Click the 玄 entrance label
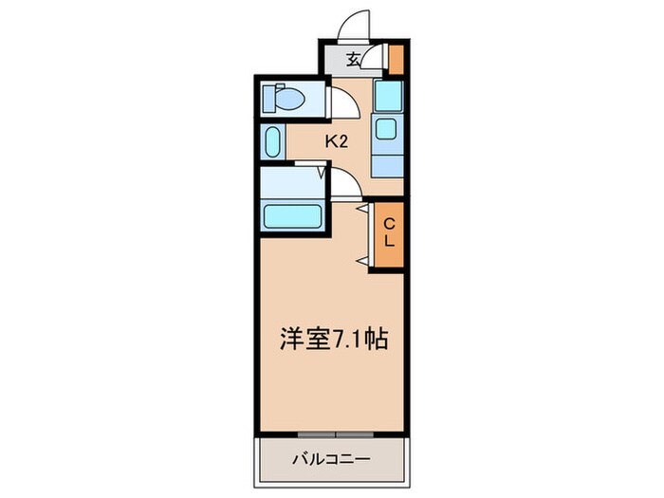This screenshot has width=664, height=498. click(x=352, y=59)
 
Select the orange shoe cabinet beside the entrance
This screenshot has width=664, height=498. click(x=397, y=59)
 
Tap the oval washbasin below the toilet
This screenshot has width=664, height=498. click(x=272, y=142)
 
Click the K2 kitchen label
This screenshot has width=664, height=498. click(x=337, y=142)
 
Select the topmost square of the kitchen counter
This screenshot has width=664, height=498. click(x=386, y=95)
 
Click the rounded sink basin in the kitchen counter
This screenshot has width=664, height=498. click(x=386, y=130)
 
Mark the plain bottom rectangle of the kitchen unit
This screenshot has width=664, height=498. click(x=386, y=162)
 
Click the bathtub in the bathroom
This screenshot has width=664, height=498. click(x=294, y=214)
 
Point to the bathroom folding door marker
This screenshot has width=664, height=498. click(x=322, y=172)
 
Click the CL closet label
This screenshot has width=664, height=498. click(x=388, y=234)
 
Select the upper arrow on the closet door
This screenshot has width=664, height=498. click(x=361, y=206)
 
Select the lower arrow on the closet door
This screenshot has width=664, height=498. click(x=361, y=259)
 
